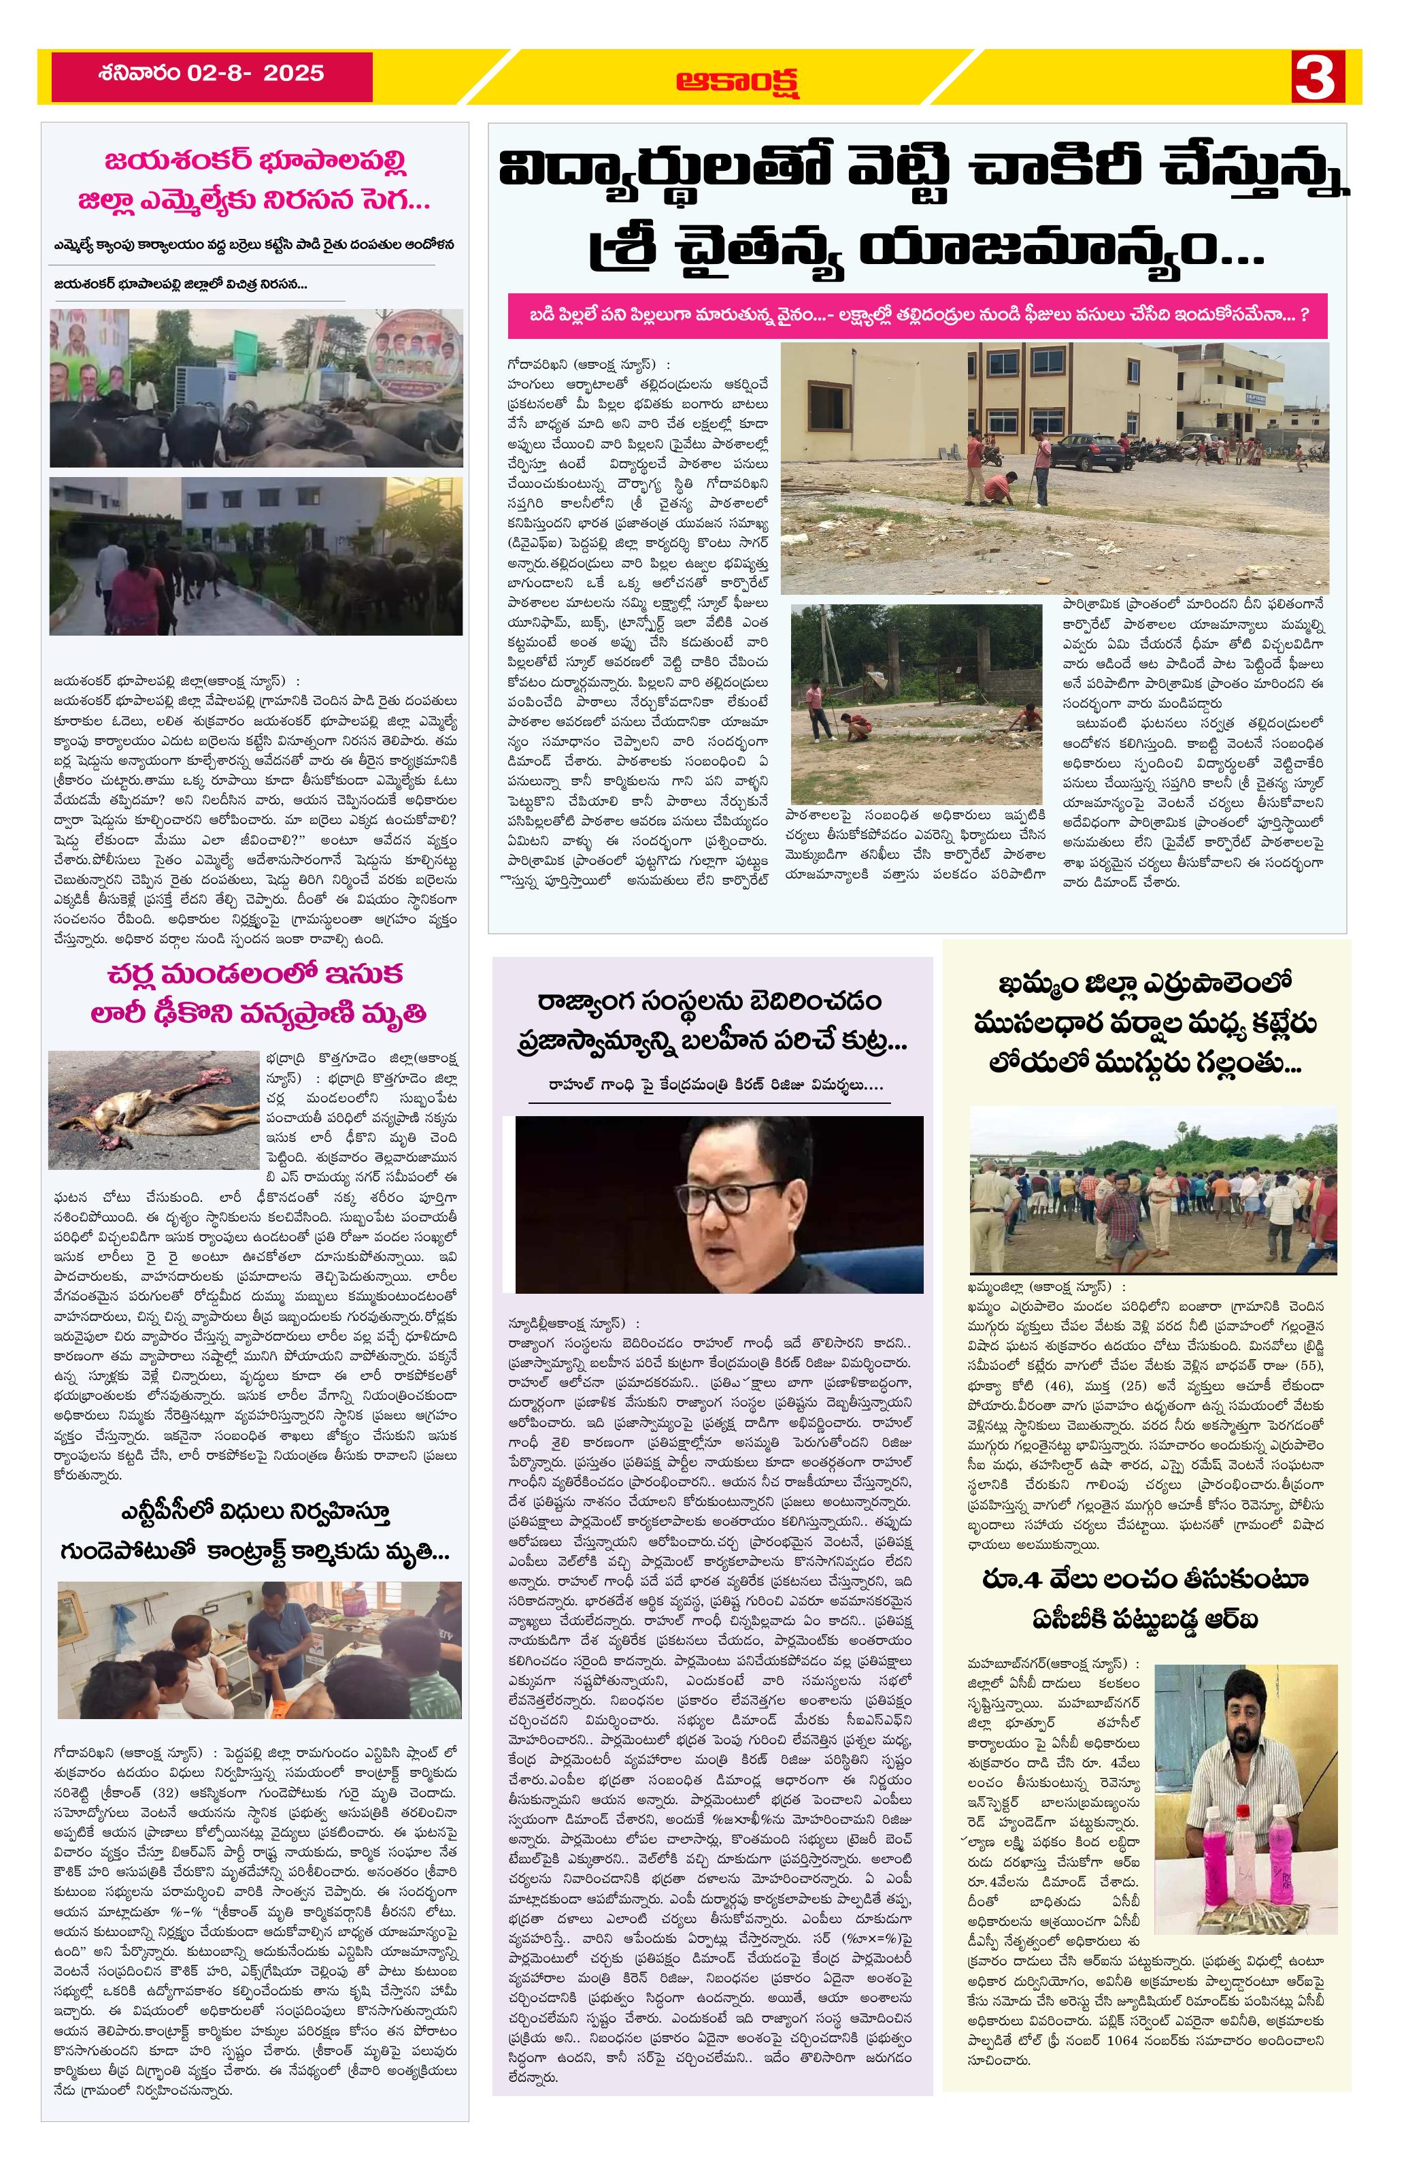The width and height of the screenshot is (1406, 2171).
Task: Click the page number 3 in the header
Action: [x=1315, y=77]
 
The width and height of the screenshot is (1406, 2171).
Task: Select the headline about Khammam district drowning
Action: [x=1146, y=1024]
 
